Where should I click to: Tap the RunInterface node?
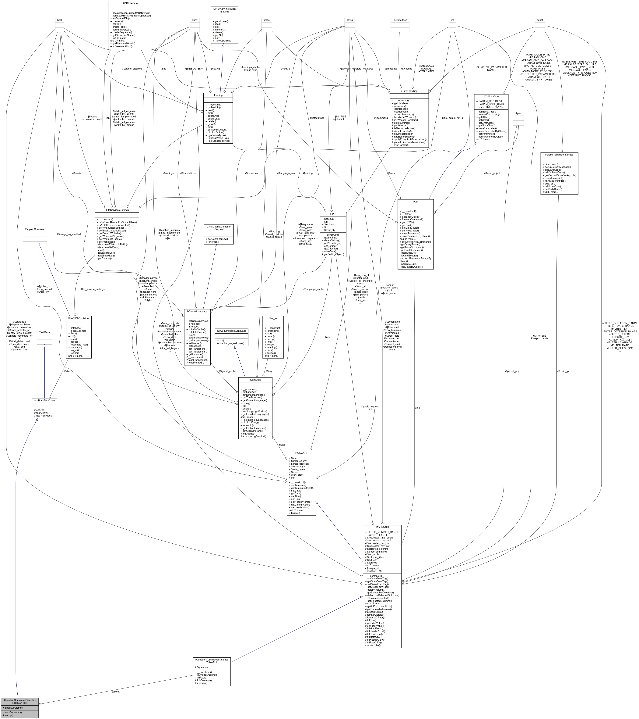400,20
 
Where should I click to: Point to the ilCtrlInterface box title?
491,96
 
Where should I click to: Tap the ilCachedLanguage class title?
197,311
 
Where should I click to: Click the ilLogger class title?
273,318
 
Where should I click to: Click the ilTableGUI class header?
301,453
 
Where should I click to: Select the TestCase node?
44,332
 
